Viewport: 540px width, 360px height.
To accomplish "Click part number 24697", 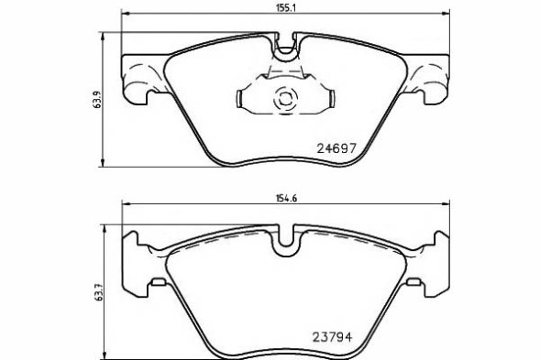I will pos(336,146).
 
